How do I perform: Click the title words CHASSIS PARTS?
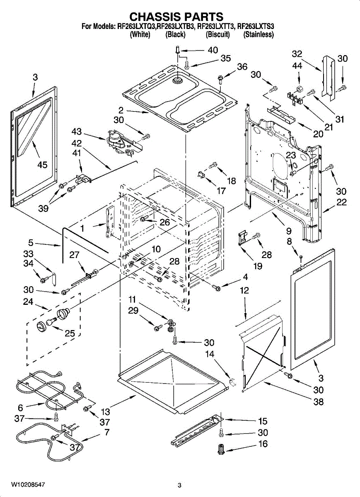click(176, 17)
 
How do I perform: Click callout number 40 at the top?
click(213, 50)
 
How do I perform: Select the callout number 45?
click(42, 165)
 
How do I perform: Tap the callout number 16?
click(263, 444)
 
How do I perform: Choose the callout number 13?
click(106, 412)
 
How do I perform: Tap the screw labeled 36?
click(220, 77)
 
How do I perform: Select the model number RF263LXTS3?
click(256, 27)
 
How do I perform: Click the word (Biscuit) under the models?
click(217, 35)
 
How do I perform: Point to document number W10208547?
click(28, 484)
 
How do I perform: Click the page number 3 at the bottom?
click(179, 485)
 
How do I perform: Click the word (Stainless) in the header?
click(259, 35)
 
